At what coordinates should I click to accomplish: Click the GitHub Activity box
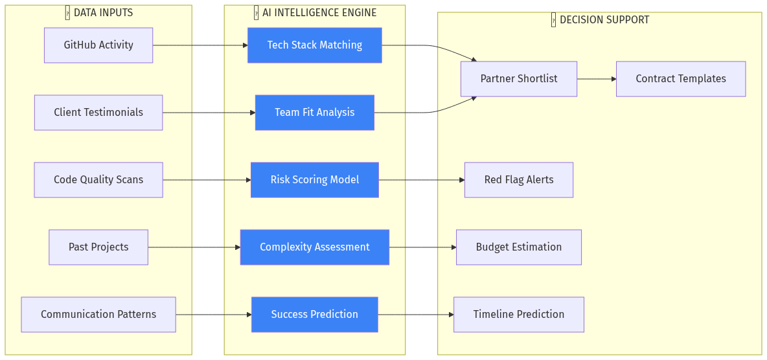point(98,45)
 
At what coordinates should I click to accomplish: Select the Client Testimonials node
point(98,113)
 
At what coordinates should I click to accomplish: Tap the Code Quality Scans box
point(98,180)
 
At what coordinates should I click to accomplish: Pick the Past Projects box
point(98,247)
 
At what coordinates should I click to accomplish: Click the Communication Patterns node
point(98,315)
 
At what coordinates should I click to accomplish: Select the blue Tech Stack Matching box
point(315,45)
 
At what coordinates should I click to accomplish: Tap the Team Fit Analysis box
point(315,113)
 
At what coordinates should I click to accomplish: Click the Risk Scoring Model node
point(315,180)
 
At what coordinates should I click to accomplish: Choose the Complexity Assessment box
point(315,247)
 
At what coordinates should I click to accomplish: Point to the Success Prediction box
point(315,315)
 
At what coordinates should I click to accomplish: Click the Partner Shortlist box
point(519,79)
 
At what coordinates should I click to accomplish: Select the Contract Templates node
point(681,79)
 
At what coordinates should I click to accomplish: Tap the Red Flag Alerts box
point(519,180)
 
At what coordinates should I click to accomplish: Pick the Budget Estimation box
point(519,247)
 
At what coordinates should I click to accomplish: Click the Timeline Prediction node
point(519,315)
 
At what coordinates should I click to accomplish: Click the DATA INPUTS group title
point(103,13)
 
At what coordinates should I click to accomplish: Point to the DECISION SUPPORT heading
point(604,20)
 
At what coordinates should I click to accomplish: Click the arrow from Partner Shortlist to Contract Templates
point(597,79)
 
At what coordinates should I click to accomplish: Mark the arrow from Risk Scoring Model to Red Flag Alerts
point(422,180)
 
